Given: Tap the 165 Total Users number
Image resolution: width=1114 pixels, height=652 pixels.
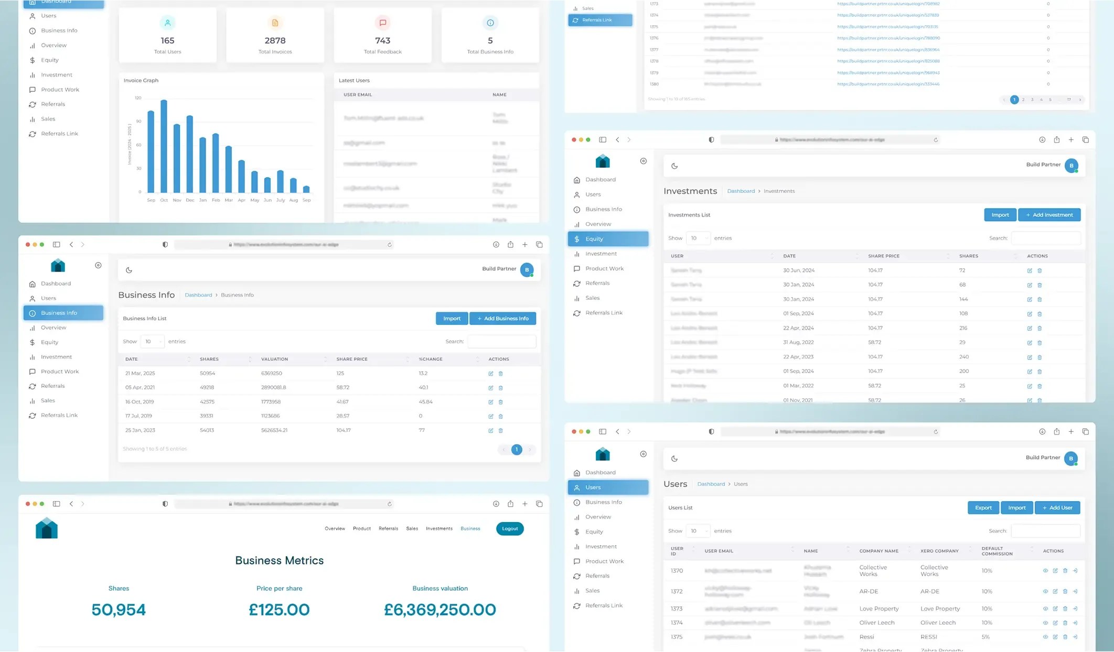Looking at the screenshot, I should [167, 40].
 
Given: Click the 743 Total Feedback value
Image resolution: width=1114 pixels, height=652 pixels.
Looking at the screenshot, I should [382, 40].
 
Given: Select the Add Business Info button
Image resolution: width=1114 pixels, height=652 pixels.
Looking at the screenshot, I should [502, 318].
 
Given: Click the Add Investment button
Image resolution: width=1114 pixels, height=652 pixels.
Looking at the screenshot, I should [1049, 215].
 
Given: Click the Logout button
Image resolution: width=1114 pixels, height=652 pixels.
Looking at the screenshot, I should [509, 528].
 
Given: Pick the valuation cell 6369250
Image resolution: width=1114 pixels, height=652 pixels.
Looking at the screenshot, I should [272, 373].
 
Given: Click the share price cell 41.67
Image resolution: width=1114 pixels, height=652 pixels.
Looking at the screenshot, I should [342, 401].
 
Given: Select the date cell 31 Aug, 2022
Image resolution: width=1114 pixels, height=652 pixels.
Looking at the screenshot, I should [798, 342].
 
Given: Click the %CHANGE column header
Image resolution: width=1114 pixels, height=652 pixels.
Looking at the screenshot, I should [431, 359].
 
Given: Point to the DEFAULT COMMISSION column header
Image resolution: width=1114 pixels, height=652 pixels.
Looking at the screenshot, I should [997, 551].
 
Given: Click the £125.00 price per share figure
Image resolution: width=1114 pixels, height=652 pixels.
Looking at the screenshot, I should [279, 610].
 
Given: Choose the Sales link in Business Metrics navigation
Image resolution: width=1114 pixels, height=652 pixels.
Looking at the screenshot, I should [412, 528].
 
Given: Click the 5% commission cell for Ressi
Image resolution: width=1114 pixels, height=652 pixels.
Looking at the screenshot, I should [986, 637].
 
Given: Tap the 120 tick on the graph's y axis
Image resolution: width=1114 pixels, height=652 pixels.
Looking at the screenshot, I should [138, 98].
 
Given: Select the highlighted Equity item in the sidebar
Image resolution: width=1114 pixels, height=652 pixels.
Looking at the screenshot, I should [608, 239].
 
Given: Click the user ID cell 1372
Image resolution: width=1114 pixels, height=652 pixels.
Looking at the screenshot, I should [677, 591].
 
